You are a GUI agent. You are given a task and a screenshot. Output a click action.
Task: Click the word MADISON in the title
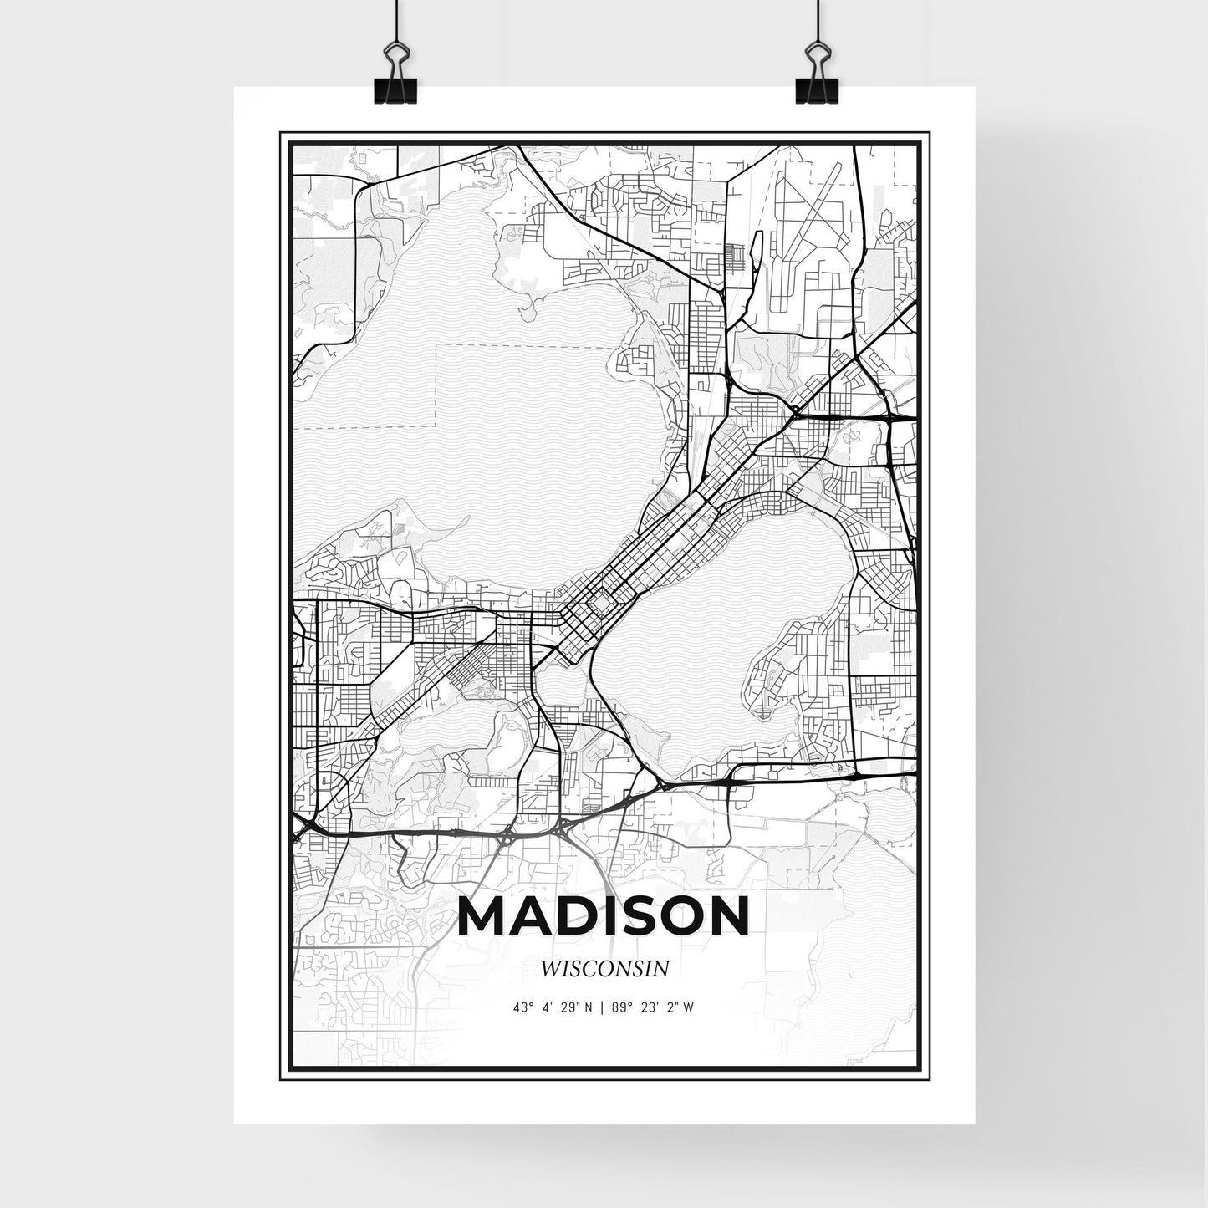[604, 917]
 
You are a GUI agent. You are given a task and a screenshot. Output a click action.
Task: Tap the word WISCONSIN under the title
[604, 969]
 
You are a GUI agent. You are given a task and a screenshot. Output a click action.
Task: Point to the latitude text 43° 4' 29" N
[553, 1007]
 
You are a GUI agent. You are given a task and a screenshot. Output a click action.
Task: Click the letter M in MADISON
[485, 917]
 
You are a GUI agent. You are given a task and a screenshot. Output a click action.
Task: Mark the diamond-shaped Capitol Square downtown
[599, 602]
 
